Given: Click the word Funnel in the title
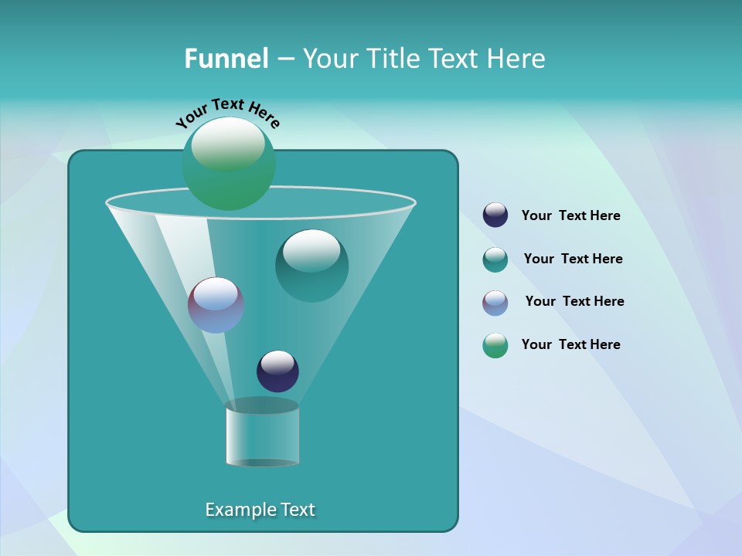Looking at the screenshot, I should coord(226,58).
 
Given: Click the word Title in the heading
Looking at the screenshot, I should coord(393,58).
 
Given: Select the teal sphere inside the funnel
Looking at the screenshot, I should coord(311,266).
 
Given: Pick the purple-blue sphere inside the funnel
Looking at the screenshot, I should coord(216,305).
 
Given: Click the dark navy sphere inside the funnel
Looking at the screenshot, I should coord(277,371).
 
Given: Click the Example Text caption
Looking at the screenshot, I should coord(260,510).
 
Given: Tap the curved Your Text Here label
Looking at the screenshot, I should coord(227,113).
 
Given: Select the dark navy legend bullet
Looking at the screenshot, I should coord(495,215).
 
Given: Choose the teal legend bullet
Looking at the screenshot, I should coord(495,259).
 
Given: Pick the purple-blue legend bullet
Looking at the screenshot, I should coord(495,303).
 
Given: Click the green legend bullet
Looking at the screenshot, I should coord(495,345).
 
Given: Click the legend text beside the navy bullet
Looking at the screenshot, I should coord(570,216).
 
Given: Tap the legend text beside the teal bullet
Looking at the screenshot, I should coord(573,259).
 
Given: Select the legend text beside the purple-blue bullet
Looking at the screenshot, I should coord(574,301).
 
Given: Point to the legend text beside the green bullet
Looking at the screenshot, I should coord(570,344).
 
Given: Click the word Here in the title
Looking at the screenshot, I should coord(516,58).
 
